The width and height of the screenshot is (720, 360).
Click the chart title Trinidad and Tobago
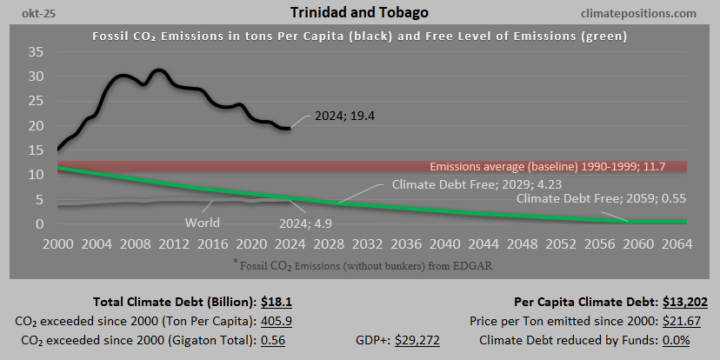359,13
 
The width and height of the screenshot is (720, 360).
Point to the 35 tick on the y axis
36,51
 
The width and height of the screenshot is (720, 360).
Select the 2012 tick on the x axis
171,243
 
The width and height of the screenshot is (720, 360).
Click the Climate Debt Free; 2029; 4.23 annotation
463,184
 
